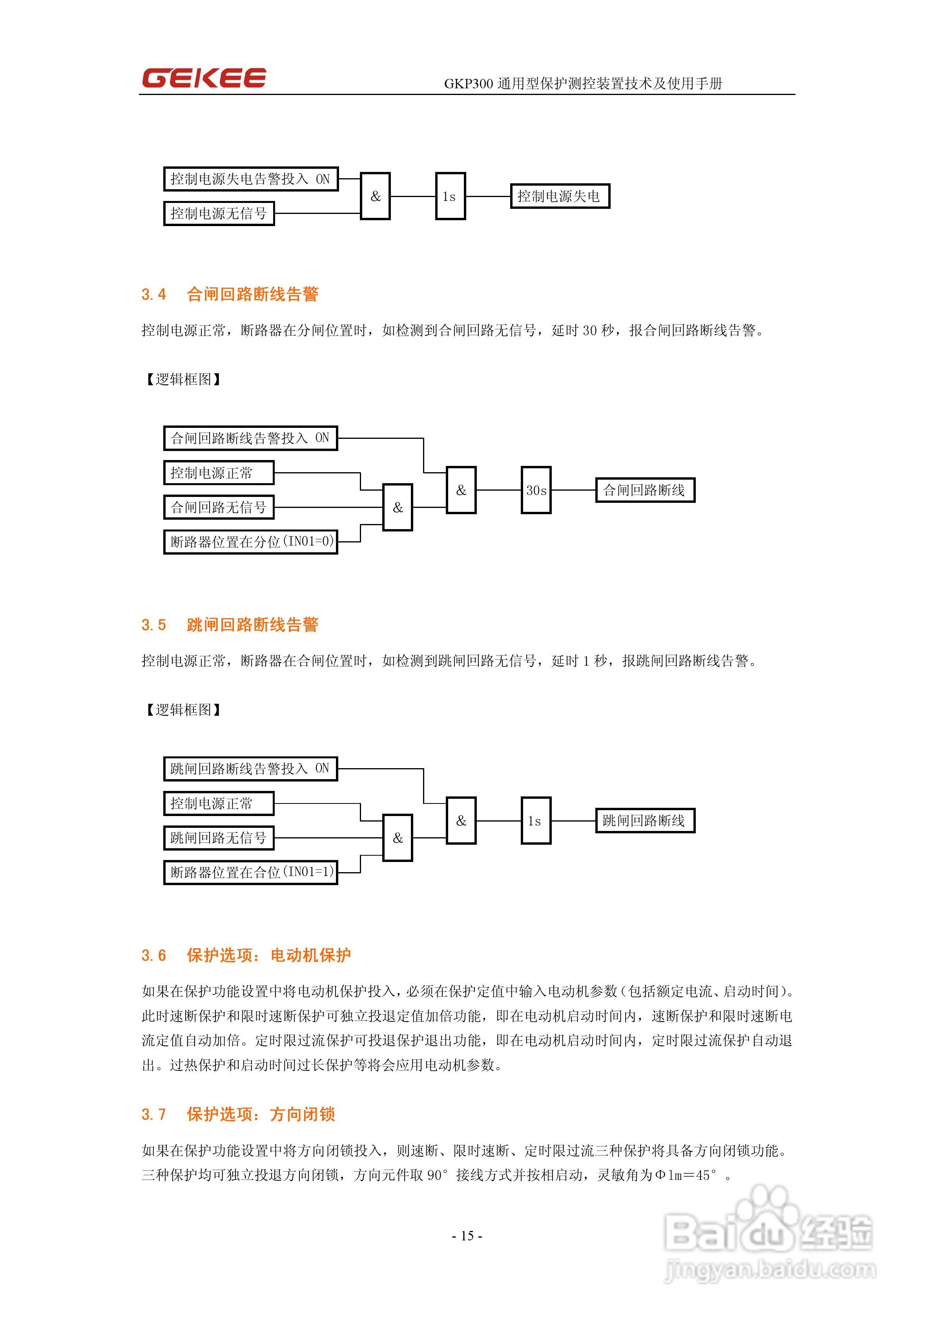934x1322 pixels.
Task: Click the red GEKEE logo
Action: point(204,78)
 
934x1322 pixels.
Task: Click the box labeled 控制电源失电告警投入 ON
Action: point(250,179)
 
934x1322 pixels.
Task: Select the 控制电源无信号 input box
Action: point(219,214)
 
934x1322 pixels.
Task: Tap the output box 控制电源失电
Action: point(559,196)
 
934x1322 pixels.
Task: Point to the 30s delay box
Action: point(536,490)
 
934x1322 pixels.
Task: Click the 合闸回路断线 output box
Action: point(644,490)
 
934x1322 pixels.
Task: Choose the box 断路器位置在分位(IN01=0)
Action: point(250,542)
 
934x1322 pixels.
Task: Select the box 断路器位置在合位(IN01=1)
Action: point(250,872)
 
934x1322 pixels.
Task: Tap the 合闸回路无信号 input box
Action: point(219,507)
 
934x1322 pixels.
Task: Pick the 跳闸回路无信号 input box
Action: point(219,838)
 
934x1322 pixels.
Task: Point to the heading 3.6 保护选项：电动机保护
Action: point(246,955)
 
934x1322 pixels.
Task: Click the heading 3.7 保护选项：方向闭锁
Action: point(238,1114)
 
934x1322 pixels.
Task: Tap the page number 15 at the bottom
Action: point(467,1236)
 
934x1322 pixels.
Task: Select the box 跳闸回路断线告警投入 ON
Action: point(250,769)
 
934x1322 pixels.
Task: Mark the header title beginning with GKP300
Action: point(583,84)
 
